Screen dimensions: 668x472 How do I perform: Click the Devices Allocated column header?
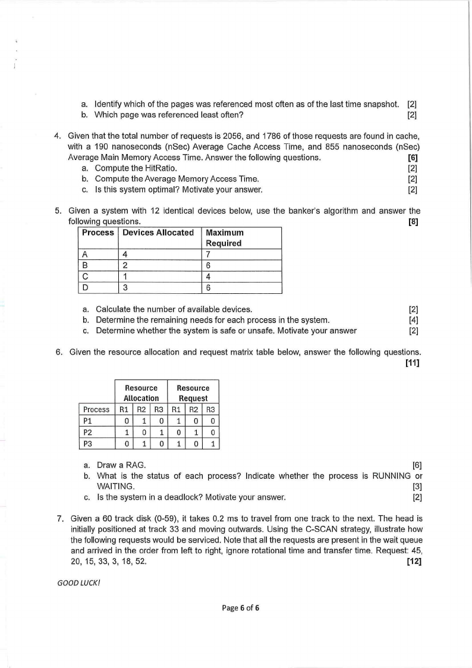(x=158, y=233)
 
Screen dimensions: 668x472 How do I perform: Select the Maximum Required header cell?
(x=224, y=238)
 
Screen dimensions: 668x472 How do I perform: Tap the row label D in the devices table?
(x=84, y=288)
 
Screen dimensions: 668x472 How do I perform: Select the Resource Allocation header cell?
(x=141, y=393)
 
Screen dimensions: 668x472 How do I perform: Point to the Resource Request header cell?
(x=193, y=393)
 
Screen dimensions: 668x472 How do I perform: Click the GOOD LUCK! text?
(x=74, y=583)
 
